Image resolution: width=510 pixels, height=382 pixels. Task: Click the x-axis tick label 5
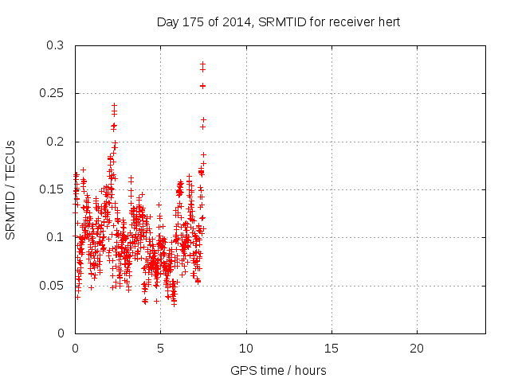point(160,349)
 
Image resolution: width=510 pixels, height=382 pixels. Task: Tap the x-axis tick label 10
point(246,349)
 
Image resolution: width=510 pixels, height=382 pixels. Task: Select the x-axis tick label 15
point(331,349)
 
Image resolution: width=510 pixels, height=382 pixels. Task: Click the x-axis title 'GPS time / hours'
point(278,371)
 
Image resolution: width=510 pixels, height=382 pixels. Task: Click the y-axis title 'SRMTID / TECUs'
point(11,189)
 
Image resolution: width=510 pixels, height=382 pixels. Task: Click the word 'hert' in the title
point(389,22)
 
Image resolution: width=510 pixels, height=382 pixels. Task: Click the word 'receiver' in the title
point(352,22)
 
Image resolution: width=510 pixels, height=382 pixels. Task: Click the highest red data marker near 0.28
point(202,64)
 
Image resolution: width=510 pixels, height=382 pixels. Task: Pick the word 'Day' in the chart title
point(167,22)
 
